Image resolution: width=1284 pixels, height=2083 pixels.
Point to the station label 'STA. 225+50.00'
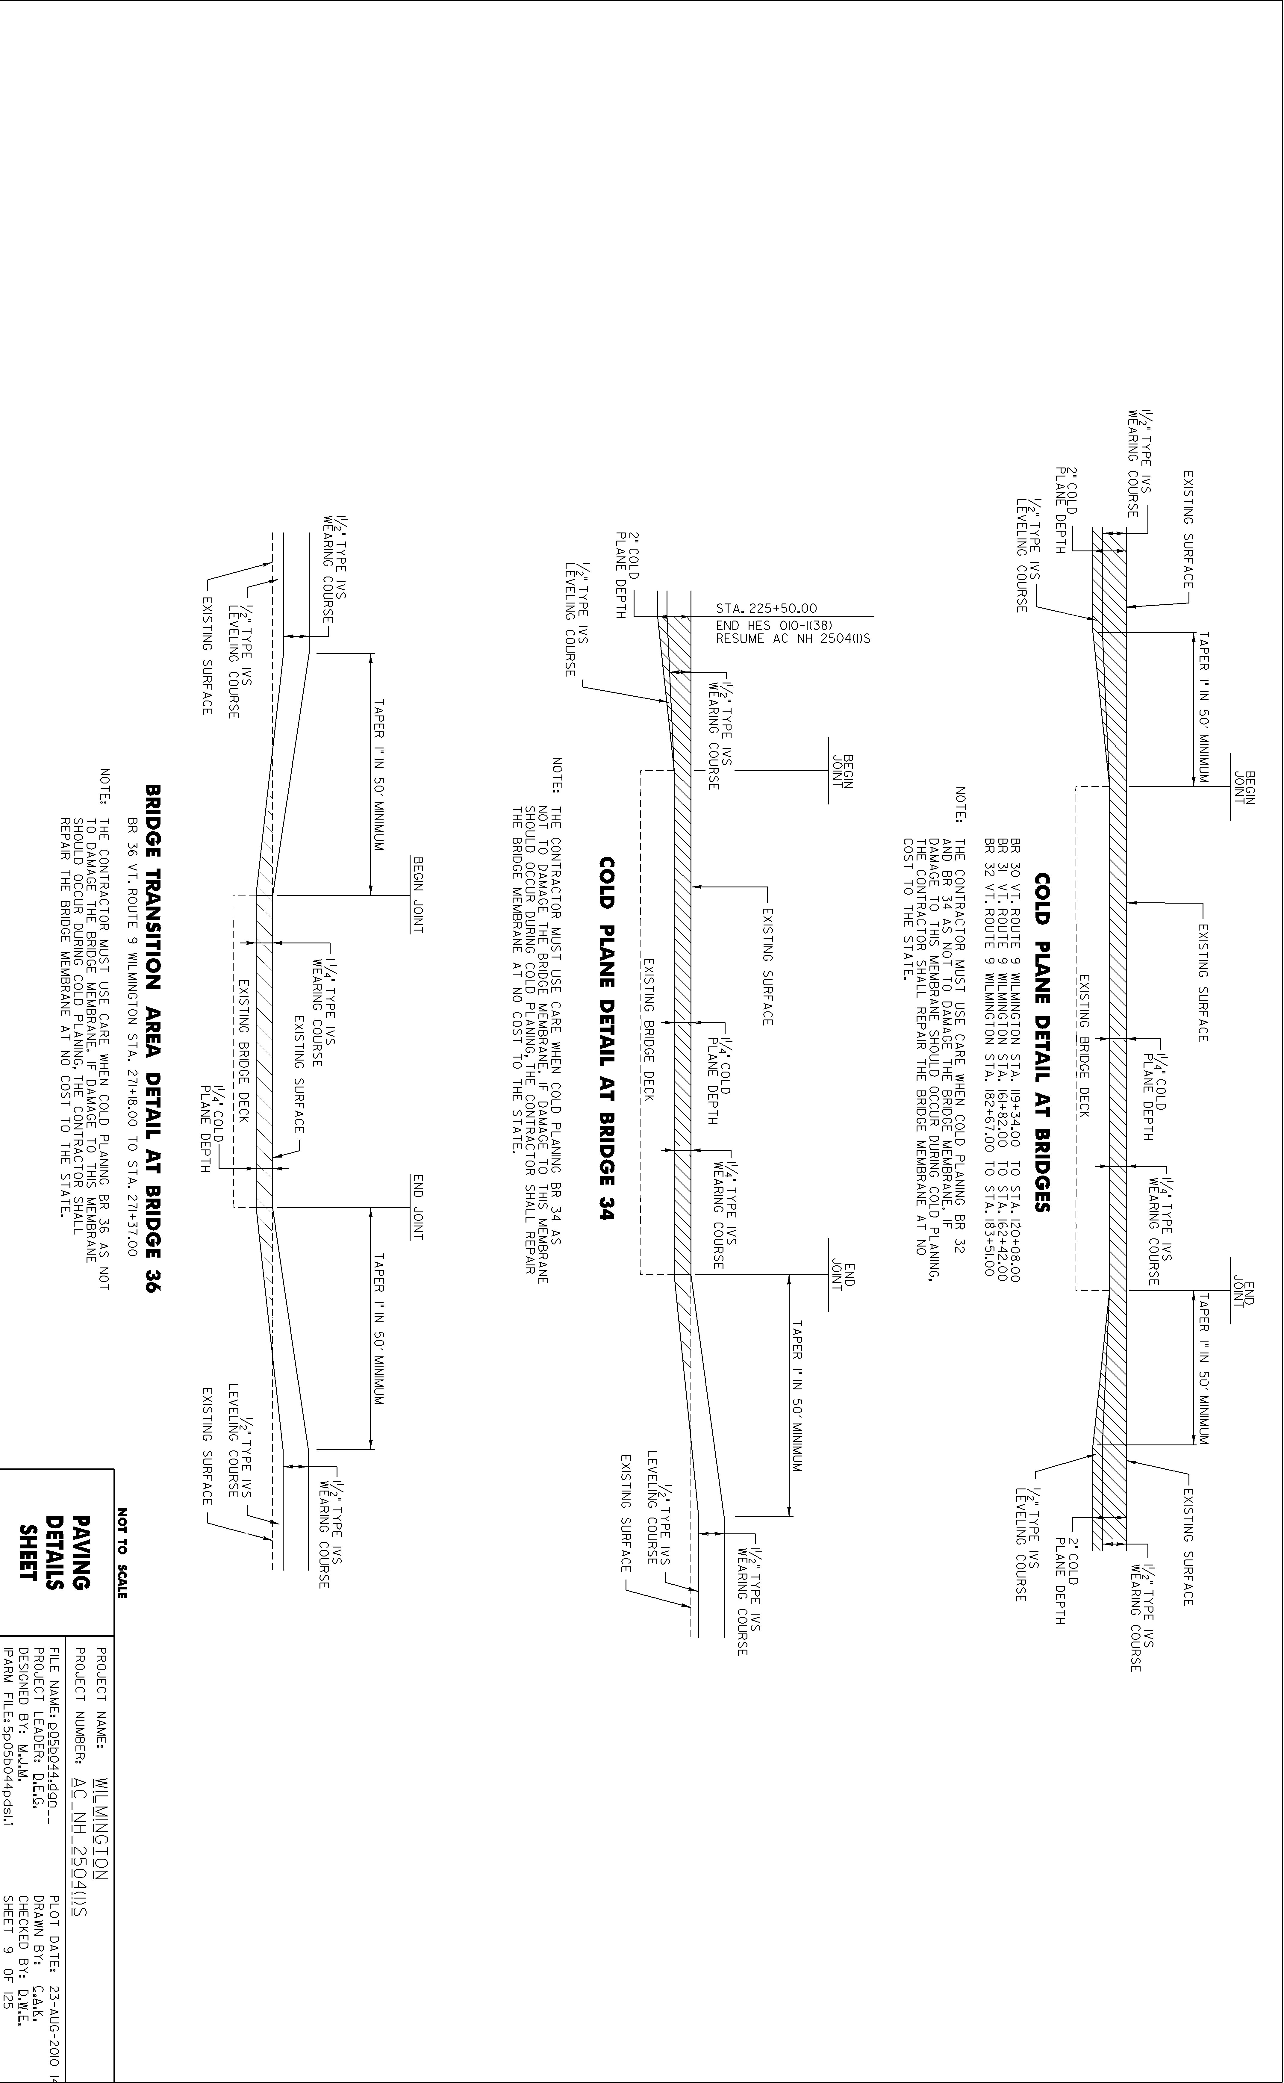point(766,608)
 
